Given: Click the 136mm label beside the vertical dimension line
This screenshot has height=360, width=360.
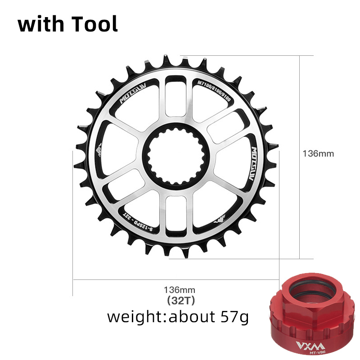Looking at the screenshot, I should point(318,153).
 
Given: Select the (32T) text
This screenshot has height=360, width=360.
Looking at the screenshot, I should point(179,299).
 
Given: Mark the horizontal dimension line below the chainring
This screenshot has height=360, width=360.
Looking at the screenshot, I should point(135,279).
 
